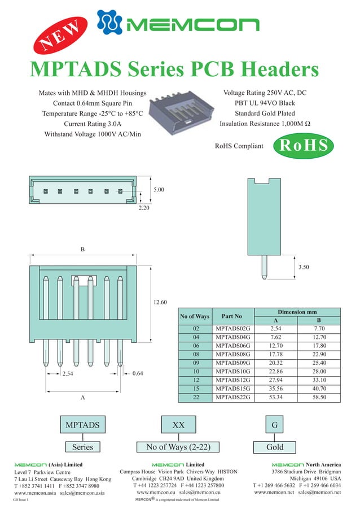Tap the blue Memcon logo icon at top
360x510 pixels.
point(109,22)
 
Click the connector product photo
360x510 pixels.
point(182,111)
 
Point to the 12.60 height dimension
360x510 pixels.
point(160,303)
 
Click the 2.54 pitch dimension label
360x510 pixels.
point(68,374)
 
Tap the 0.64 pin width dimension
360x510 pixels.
point(137,373)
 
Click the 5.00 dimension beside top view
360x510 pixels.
point(159,190)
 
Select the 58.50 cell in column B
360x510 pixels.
point(319,398)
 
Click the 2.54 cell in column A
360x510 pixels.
point(276,328)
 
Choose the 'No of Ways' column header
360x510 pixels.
point(195,316)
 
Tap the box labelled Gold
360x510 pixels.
point(275,447)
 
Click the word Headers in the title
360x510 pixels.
point(279,69)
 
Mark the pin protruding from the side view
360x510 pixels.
point(264,267)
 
